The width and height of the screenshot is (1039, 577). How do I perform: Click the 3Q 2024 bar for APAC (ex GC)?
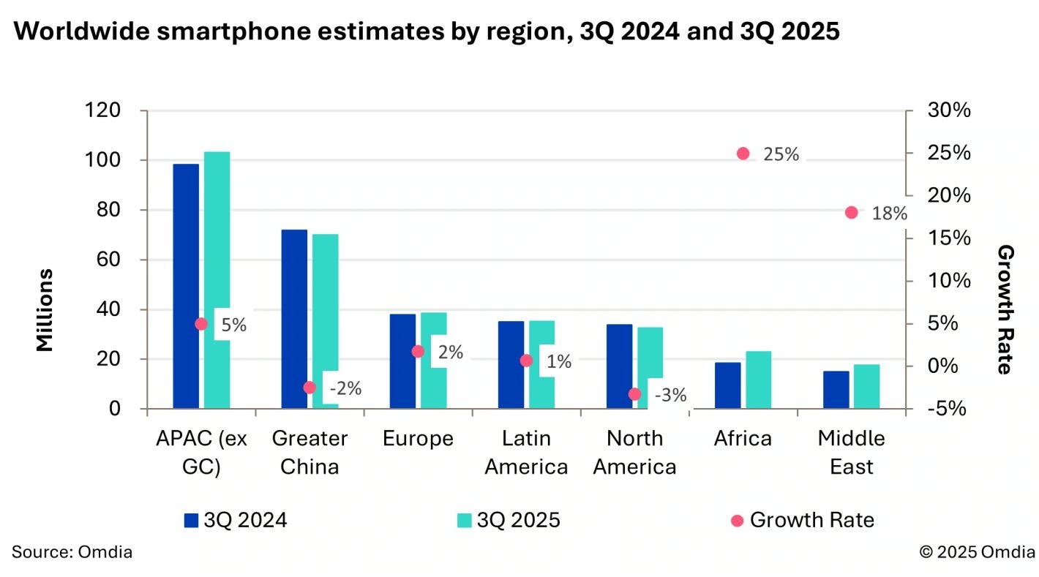(186, 285)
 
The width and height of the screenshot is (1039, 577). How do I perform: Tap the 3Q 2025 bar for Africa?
(759, 380)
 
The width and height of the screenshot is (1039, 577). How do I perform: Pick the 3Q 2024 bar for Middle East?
(836, 390)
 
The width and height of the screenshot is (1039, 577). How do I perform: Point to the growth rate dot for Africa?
(743, 154)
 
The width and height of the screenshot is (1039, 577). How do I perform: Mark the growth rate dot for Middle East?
(851, 213)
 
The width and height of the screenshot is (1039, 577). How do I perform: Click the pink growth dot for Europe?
(418, 352)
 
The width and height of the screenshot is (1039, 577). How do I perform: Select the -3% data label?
(669, 396)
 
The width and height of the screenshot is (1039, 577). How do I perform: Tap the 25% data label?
(781, 154)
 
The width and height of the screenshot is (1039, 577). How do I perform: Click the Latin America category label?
(526, 453)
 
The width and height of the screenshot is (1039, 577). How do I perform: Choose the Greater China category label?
(310, 453)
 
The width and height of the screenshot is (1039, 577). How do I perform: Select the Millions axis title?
(45, 310)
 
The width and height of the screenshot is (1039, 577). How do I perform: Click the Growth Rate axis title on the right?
(1006, 310)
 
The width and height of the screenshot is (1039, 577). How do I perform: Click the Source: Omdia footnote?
(72, 552)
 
